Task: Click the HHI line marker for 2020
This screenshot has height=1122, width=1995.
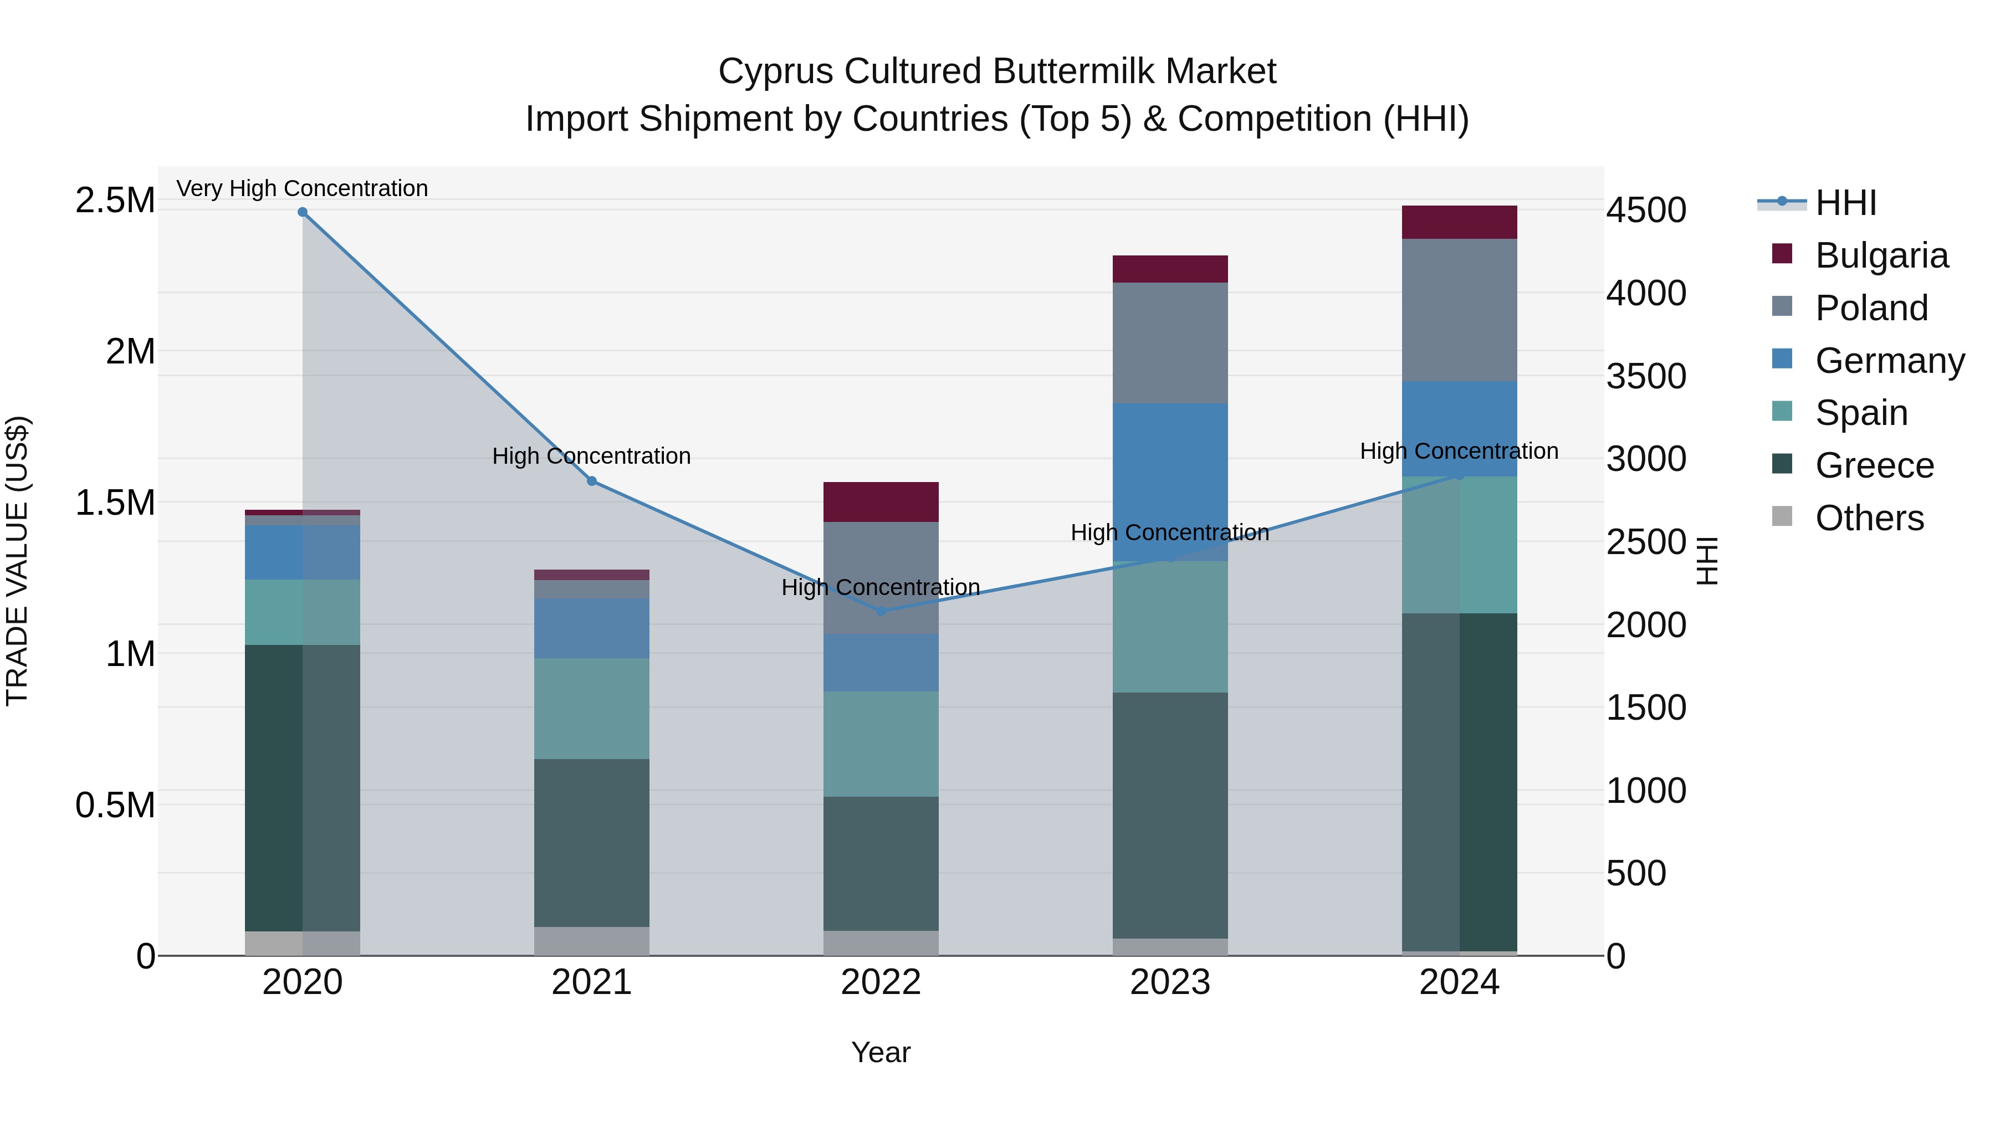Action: tap(303, 212)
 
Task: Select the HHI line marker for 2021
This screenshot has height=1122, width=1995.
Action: tap(592, 481)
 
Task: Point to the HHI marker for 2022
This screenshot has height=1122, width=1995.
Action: tap(881, 611)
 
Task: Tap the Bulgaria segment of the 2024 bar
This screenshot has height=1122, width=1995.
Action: tap(1459, 222)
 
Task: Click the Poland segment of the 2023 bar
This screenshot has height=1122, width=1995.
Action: tap(1170, 342)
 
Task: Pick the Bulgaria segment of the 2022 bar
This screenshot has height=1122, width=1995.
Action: tap(881, 502)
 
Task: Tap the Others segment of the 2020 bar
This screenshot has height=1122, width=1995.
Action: tap(302, 942)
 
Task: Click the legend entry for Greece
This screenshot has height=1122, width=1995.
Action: tap(1874, 465)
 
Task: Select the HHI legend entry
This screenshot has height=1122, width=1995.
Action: tap(1845, 203)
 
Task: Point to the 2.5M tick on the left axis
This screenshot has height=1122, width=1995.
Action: tap(115, 201)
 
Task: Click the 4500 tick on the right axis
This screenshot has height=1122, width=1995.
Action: tap(1646, 210)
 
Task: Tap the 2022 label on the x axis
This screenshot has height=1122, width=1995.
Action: tap(881, 982)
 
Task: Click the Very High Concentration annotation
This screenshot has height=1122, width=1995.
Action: tap(302, 188)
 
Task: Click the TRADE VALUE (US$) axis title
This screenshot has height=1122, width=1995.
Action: tap(17, 561)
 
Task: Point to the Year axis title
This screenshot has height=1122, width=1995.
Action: tap(881, 1052)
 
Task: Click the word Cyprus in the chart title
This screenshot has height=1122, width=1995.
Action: tap(775, 71)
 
